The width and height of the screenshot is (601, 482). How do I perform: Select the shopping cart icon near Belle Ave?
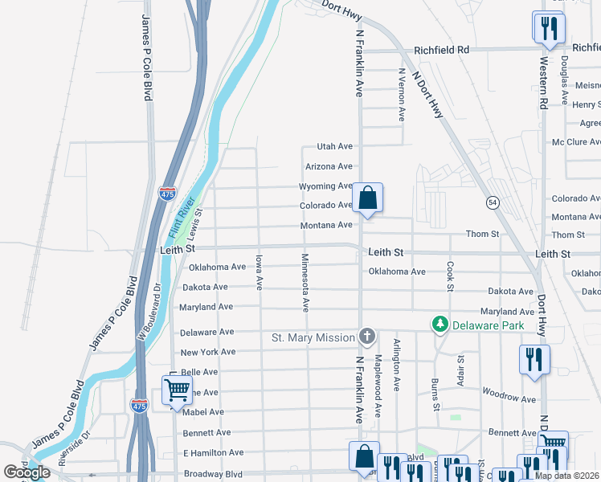tap(177, 391)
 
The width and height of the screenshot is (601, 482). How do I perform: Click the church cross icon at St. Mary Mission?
tap(366, 336)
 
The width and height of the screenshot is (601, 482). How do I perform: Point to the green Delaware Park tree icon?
tap(440, 325)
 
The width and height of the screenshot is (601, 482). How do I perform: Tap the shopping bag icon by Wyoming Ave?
tap(366, 198)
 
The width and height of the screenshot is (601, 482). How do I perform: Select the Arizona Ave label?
tap(329, 166)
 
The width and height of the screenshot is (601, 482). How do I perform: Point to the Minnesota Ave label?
tap(305, 282)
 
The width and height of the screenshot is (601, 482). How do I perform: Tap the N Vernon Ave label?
tap(402, 94)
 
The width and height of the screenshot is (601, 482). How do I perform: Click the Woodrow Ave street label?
tap(509, 398)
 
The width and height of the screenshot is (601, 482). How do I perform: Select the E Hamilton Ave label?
tap(213, 453)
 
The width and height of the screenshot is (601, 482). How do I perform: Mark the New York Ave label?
tap(207, 352)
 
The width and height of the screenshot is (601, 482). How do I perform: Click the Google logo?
tap(27, 472)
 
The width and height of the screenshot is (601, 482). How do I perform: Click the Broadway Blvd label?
tap(212, 473)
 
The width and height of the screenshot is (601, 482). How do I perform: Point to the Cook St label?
tap(450, 276)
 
